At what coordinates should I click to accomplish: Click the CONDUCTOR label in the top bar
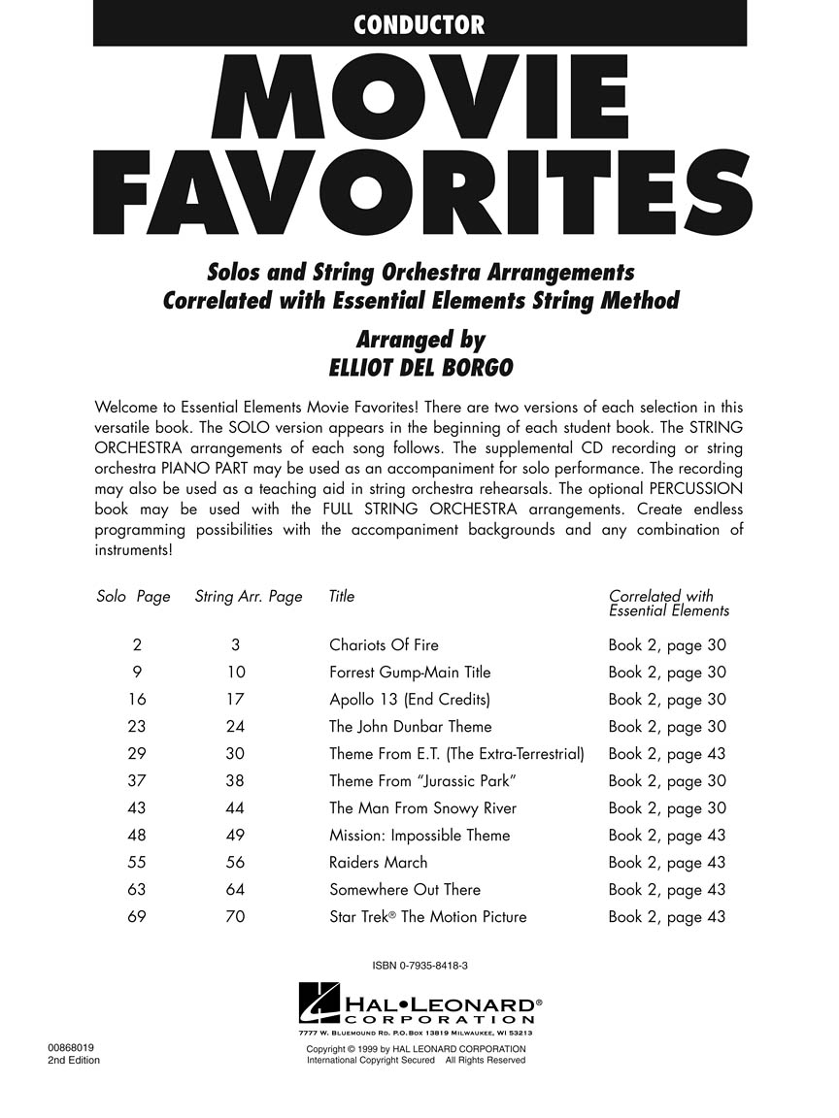tap(419, 24)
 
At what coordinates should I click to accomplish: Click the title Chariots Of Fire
tap(384, 645)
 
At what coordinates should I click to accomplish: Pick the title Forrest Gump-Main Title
tap(410, 673)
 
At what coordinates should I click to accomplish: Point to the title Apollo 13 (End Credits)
tap(410, 700)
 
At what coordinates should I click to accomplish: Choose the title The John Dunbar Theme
tap(410, 727)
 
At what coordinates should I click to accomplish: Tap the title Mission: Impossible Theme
tap(419, 836)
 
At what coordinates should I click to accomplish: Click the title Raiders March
tap(378, 863)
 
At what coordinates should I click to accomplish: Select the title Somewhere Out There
tap(405, 890)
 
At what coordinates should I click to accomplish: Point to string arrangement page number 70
tap(235, 917)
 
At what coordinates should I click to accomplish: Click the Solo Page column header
tap(133, 597)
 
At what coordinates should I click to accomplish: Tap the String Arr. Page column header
tap(249, 597)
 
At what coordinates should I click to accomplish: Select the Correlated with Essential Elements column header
tap(668, 604)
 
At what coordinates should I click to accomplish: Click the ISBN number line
tap(419, 965)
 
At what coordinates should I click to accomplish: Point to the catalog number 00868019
tap(72, 1048)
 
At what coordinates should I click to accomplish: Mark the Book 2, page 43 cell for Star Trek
tap(667, 917)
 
